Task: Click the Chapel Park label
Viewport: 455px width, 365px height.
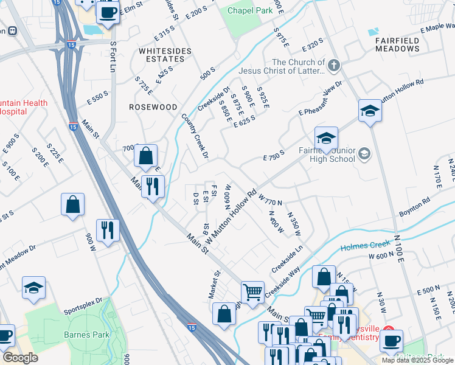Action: pyautogui.click(x=251, y=10)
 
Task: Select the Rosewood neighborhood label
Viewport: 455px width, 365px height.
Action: pyautogui.click(x=153, y=106)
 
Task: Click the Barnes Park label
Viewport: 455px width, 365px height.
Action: pyautogui.click(x=86, y=335)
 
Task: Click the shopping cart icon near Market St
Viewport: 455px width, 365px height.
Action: pyautogui.click(x=252, y=292)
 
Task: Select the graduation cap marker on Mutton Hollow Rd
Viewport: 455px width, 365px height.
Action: pyautogui.click(x=369, y=111)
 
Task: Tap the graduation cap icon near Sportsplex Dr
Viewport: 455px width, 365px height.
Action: pyautogui.click(x=33, y=288)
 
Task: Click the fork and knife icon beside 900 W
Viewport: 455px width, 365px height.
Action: pyautogui.click(x=108, y=230)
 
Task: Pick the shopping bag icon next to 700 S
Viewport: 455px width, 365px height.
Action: pyautogui.click(x=146, y=156)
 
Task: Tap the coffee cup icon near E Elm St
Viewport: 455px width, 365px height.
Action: pyautogui.click(x=108, y=12)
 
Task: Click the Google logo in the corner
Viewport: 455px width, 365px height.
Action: pyautogui.click(x=21, y=358)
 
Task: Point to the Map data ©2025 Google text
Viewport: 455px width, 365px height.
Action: pyautogui.click(x=417, y=360)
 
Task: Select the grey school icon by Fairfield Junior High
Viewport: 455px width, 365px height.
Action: pyautogui.click(x=364, y=153)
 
